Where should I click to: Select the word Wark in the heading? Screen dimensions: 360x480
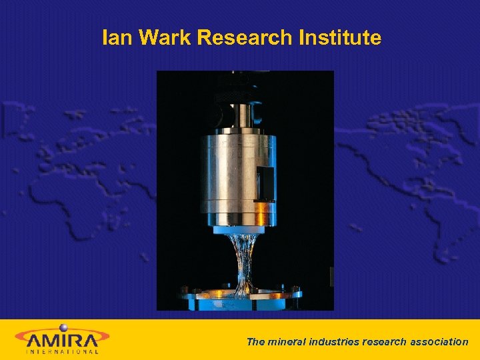pos(159,38)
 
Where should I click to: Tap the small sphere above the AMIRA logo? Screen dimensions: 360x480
pos(64,327)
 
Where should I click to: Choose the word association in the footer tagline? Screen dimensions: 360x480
pos(439,341)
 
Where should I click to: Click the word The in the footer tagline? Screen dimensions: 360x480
pos(256,341)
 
